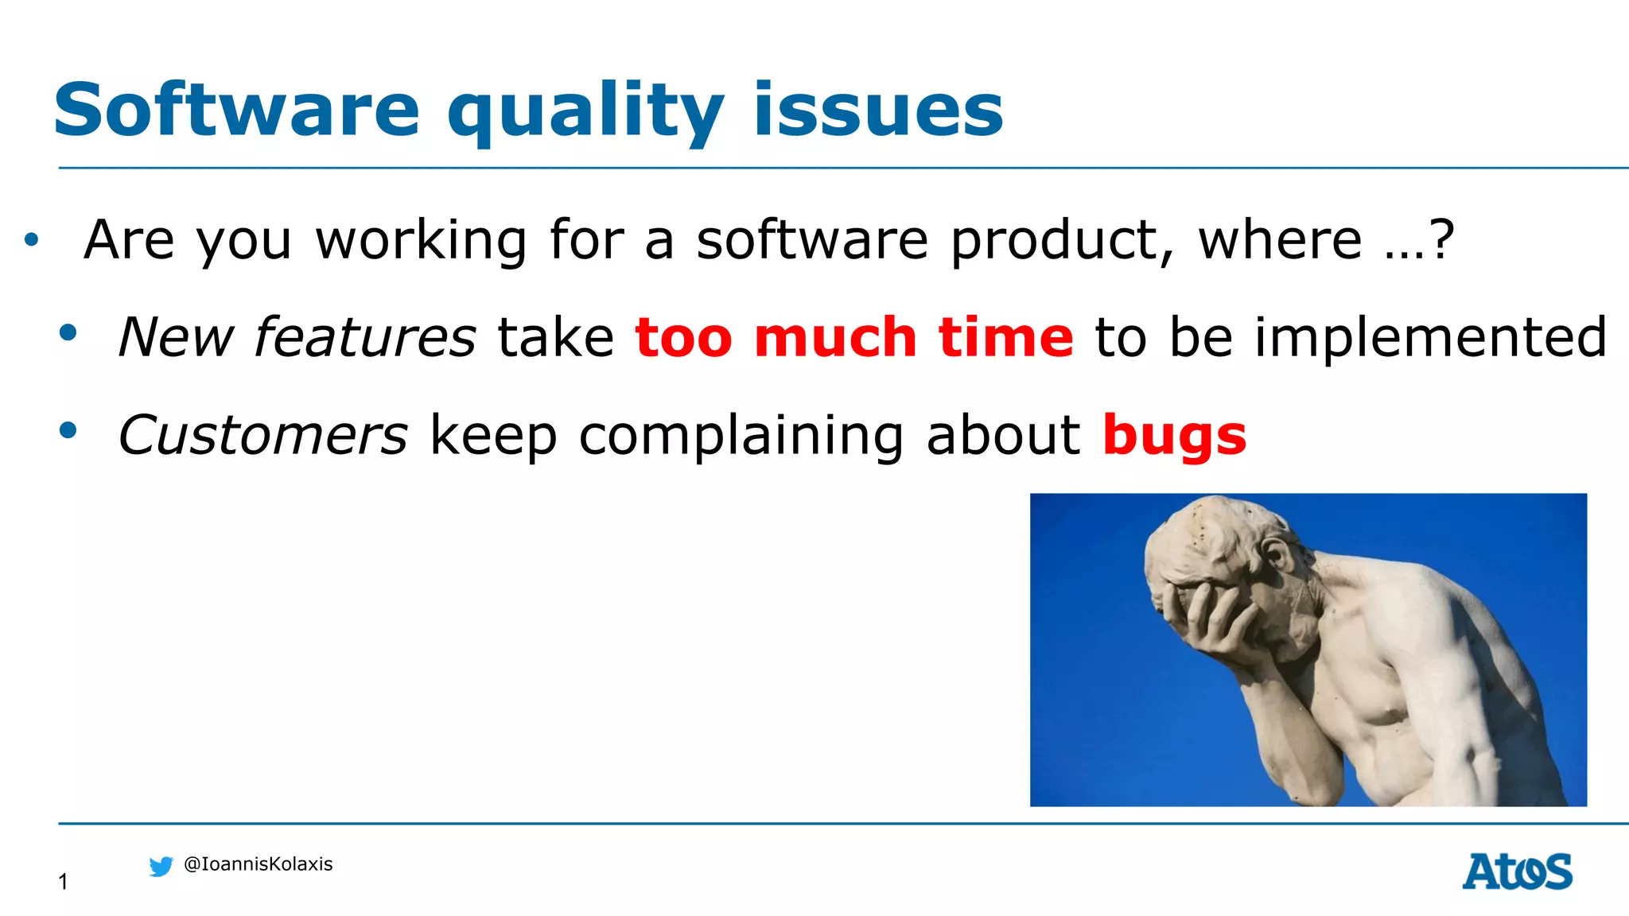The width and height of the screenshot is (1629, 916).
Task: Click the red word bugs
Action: pyautogui.click(x=1174, y=437)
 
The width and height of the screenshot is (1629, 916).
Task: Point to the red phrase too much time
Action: pyautogui.click(x=854, y=337)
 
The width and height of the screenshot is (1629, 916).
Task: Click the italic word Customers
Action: pyautogui.click(x=262, y=436)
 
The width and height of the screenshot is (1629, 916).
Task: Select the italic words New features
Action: pyautogui.click(x=297, y=337)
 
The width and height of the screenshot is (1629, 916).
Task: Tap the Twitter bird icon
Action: pyautogui.click(x=161, y=866)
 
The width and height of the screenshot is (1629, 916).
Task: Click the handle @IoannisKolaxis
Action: pyautogui.click(x=258, y=864)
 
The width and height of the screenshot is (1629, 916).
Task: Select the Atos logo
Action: pyautogui.click(x=1517, y=871)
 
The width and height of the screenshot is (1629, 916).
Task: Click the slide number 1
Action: pyautogui.click(x=63, y=881)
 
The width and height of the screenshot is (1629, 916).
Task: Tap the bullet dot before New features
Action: pyautogui.click(x=68, y=333)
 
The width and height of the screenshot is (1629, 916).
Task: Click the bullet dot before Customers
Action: pyautogui.click(x=68, y=431)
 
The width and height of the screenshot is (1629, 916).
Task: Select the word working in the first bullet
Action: pyautogui.click(x=421, y=240)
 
